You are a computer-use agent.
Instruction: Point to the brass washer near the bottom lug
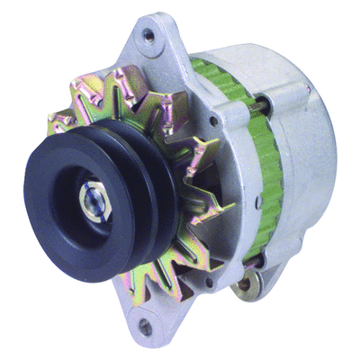tap(242, 288)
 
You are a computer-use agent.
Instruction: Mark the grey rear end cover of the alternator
tap(306, 153)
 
